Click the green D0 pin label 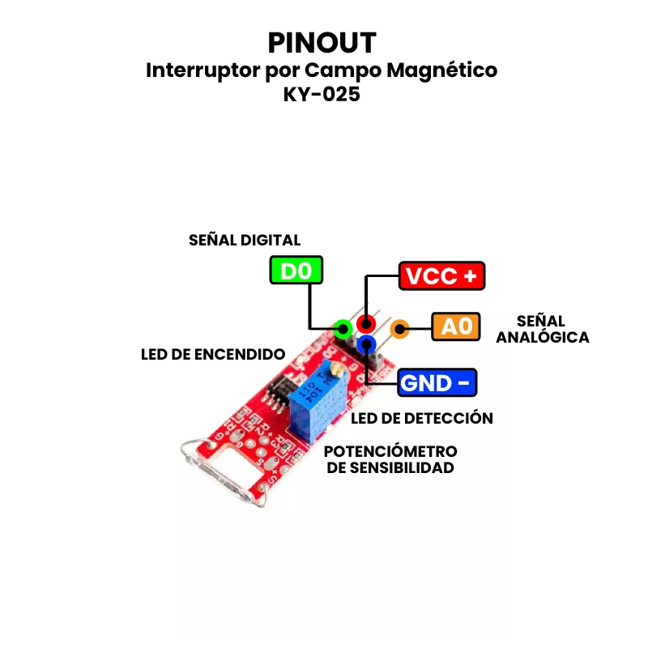(x=296, y=271)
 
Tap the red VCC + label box (x=441, y=276)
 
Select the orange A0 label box (x=456, y=326)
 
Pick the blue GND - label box (x=437, y=382)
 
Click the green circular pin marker (x=343, y=329)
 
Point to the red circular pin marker (x=367, y=324)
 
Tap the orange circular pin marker (x=399, y=329)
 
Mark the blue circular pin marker (x=368, y=344)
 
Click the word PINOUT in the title (x=322, y=43)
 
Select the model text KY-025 (x=322, y=94)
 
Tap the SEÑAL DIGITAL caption (x=245, y=241)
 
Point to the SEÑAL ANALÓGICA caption (x=542, y=329)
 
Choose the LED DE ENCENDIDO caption (x=213, y=354)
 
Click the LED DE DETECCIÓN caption (x=422, y=418)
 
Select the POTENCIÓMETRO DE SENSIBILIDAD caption (x=390, y=459)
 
